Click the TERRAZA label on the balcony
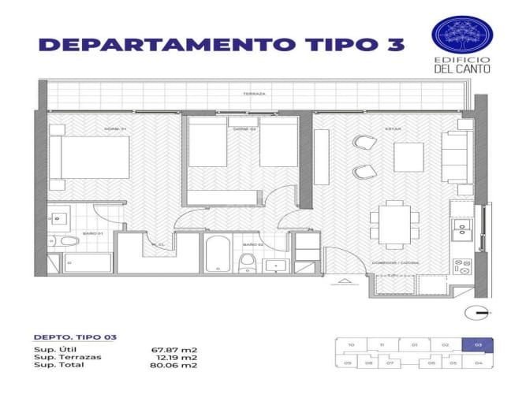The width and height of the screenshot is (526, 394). tap(255, 94)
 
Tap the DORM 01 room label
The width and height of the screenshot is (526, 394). tap(116, 128)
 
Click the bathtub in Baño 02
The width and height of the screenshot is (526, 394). tap(217, 253)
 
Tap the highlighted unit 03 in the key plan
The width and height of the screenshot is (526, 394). tap(478, 344)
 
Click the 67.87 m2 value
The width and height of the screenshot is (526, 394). tap(173, 348)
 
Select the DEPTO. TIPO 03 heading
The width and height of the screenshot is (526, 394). tap(76, 337)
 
